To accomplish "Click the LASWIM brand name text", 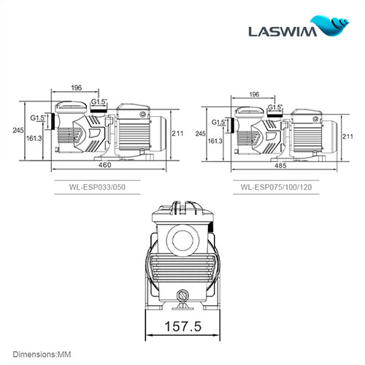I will click(290, 33).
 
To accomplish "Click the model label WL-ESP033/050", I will click(115, 187).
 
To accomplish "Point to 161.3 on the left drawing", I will click(34, 137).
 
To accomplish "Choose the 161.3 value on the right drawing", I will click(215, 140).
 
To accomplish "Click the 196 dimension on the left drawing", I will click(75, 89).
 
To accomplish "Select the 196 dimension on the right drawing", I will click(253, 95).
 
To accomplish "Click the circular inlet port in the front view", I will click(182, 238).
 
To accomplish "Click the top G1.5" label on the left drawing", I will click(99, 101).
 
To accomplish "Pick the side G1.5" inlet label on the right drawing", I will click(218, 122).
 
